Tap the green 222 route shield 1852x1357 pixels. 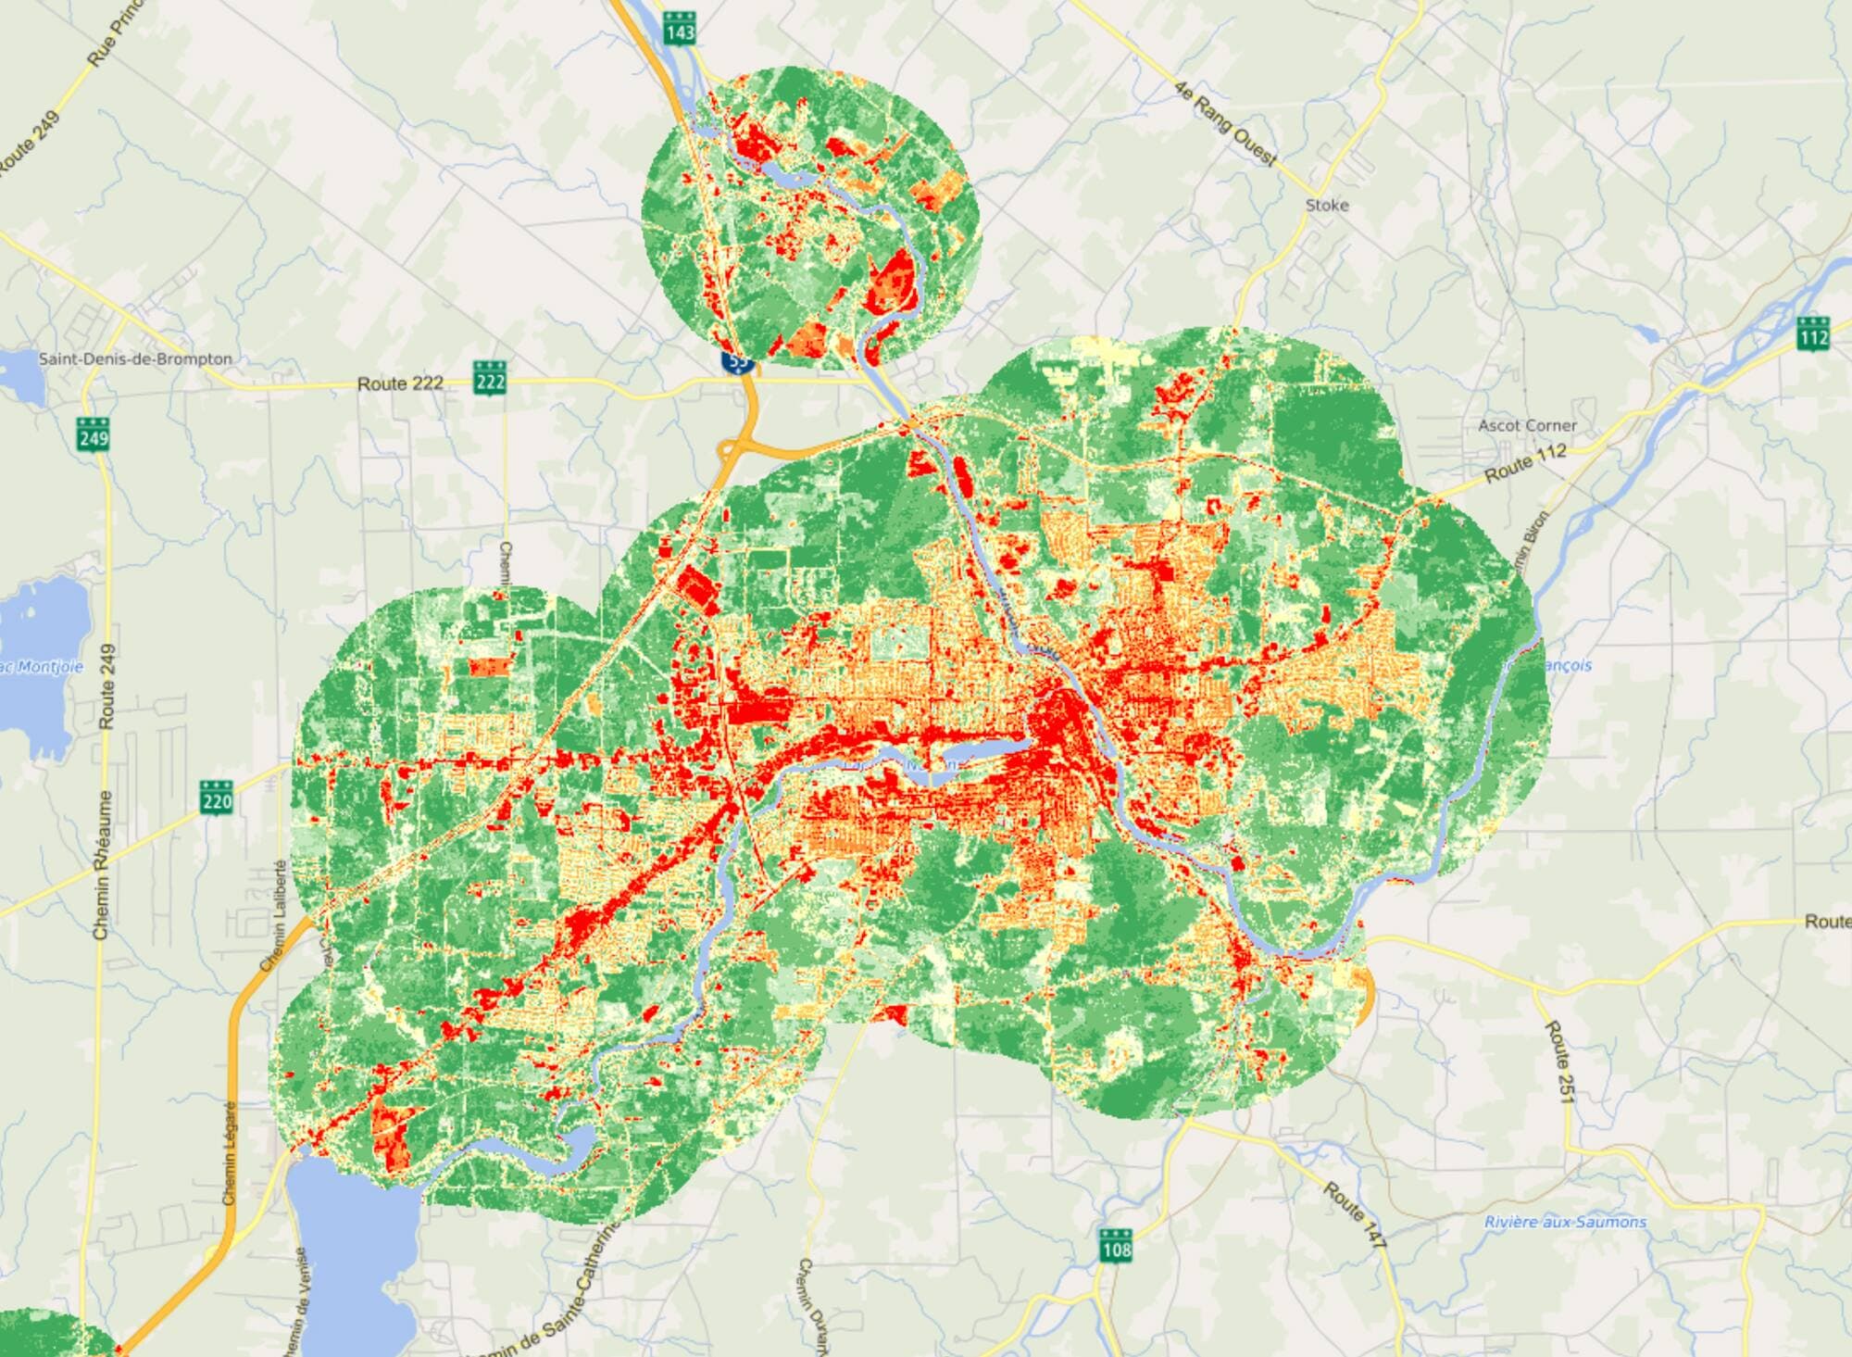[489, 377]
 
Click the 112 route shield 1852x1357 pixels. [1813, 335]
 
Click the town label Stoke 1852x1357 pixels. [1326, 205]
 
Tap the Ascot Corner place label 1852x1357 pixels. [1527, 425]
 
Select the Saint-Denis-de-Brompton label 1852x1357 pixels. [135, 358]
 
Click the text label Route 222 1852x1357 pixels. [400, 383]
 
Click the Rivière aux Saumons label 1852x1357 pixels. [1565, 1222]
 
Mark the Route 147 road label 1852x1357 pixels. [1354, 1213]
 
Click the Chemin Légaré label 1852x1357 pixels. [230, 1152]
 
